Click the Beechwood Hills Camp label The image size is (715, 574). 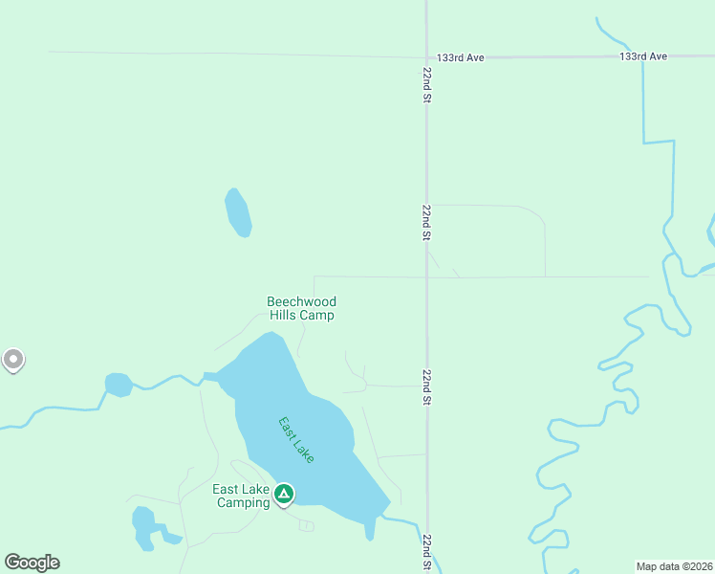coord(301,308)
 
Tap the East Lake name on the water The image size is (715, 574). coord(295,440)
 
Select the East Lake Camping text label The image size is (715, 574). coord(241,496)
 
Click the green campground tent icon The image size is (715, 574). coord(283,494)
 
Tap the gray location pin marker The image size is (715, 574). coord(12,360)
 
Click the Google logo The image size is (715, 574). coord(32,563)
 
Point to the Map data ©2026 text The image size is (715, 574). coord(674,565)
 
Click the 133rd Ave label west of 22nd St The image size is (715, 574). coord(461,58)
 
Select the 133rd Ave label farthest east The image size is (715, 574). coord(642,57)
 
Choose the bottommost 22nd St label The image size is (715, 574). coord(427,552)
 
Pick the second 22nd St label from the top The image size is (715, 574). coord(427,221)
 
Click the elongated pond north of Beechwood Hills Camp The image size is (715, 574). coord(238,212)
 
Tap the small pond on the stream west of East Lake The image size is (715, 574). coord(119,385)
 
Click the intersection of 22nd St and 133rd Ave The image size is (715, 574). coord(427,57)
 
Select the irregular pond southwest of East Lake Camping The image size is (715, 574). coord(145,527)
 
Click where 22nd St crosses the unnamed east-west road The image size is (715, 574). coord(427,277)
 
